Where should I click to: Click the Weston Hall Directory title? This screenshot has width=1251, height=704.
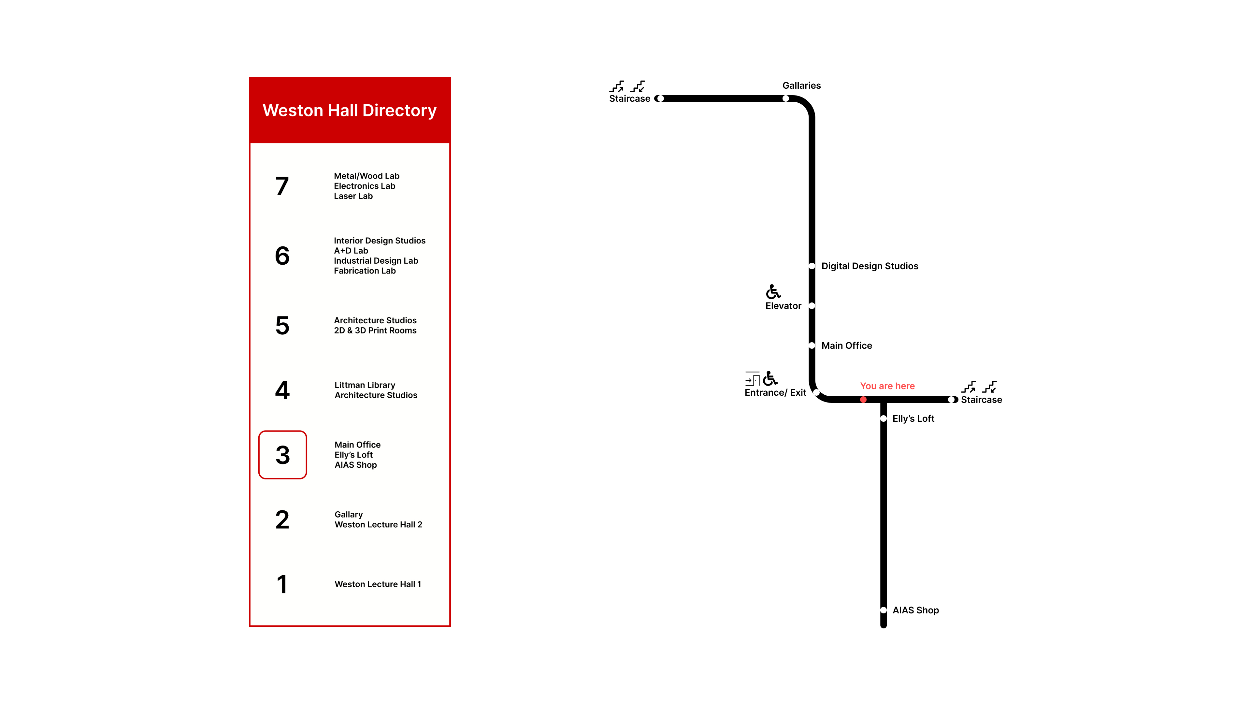click(350, 111)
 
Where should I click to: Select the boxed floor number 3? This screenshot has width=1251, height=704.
click(283, 455)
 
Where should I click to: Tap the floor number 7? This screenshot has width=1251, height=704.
click(282, 186)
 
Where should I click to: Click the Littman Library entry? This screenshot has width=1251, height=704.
click(365, 385)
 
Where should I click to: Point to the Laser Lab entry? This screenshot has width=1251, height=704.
click(353, 196)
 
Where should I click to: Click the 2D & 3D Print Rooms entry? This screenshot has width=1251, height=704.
click(375, 331)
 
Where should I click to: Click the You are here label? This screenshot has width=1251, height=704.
click(887, 386)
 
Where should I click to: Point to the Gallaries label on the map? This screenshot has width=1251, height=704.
click(801, 85)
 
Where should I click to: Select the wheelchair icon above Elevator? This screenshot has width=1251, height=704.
click(773, 292)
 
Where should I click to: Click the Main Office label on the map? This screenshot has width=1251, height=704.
click(846, 346)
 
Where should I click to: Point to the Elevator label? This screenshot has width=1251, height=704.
click(783, 306)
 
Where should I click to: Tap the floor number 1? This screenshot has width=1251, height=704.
click(282, 584)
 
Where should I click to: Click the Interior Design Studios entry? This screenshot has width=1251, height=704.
click(380, 241)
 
